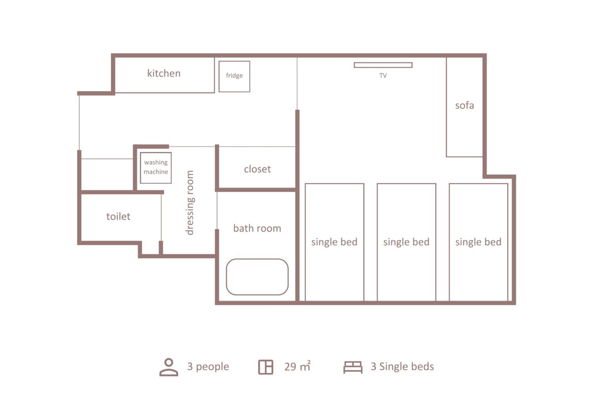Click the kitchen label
164,73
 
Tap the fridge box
234,76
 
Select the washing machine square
156,168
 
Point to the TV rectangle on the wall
383,65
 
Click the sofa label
465,105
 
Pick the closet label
257,169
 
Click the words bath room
257,228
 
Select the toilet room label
118,216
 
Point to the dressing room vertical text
190,203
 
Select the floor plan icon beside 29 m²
266,367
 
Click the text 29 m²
297,366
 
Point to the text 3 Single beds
402,367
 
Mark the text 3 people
208,367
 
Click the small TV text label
383,76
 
